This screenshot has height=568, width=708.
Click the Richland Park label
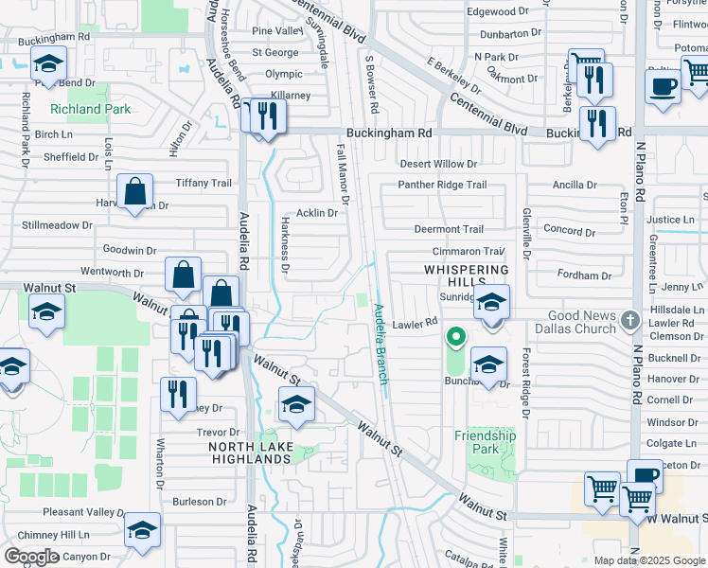pyautogui.click(x=90, y=109)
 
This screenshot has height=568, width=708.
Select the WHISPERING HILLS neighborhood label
pyautogui.click(x=461, y=270)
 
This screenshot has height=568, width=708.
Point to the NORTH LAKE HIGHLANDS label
pyautogui.click(x=249, y=453)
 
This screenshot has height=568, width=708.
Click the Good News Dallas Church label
pyautogui.click(x=582, y=322)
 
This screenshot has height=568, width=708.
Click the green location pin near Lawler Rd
pyautogui.click(x=456, y=336)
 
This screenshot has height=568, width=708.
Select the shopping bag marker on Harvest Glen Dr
pyautogui.click(x=135, y=192)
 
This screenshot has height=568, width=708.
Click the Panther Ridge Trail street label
pyautogui.click(x=442, y=185)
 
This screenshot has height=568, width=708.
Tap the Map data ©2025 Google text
pyautogui.click(x=648, y=559)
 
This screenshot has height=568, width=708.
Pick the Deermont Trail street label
pyautogui.click(x=449, y=229)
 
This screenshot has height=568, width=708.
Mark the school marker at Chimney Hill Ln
pyautogui.click(x=142, y=531)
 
